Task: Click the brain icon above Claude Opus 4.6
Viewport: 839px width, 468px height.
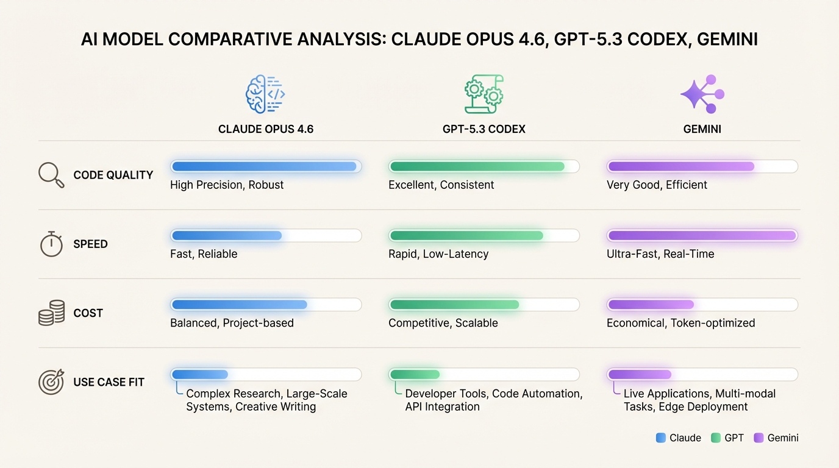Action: click(x=265, y=94)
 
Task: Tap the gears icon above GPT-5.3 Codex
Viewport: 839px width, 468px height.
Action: click(x=484, y=94)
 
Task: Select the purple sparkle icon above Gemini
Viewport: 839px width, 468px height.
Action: click(x=702, y=94)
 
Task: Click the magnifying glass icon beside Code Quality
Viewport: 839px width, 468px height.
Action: click(x=51, y=175)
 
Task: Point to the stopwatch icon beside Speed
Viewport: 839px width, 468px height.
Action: click(x=51, y=244)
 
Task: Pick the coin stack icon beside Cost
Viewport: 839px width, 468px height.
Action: click(x=51, y=313)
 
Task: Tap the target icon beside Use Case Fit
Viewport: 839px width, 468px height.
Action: click(x=51, y=382)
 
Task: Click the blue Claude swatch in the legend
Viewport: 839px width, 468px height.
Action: click(x=660, y=438)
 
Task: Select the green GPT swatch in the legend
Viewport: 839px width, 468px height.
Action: click(x=716, y=438)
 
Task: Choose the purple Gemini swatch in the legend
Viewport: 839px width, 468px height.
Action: click(x=759, y=438)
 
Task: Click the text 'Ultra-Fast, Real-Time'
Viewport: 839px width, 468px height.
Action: click(x=660, y=254)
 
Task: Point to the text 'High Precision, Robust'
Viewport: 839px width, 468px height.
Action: click(x=227, y=185)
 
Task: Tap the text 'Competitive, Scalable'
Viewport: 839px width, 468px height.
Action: click(x=443, y=323)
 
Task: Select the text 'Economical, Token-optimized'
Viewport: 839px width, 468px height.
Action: click(x=680, y=323)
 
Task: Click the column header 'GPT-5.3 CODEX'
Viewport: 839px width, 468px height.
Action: click(x=484, y=129)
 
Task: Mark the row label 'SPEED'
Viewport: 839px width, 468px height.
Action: click(x=90, y=244)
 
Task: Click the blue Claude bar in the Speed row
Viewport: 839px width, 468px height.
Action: click(x=226, y=235)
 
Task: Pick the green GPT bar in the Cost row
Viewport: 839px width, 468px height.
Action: click(x=454, y=304)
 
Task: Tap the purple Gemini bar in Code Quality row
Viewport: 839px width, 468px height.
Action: click(x=680, y=166)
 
